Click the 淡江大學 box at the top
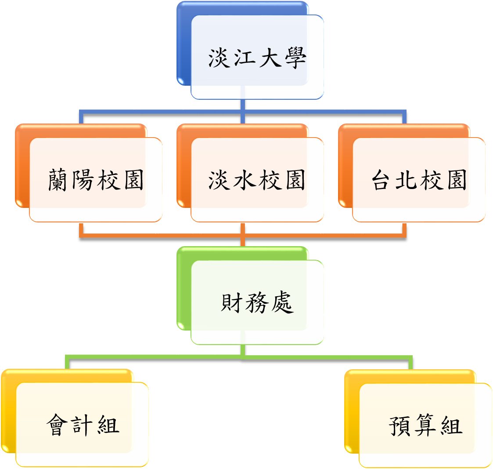click(x=250, y=51)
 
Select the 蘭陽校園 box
click(x=89, y=173)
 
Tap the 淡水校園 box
click(x=250, y=173)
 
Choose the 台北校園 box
click(x=412, y=173)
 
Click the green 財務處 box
click(x=250, y=295)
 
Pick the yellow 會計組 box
click(x=75, y=418)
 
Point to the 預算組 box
click(x=418, y=419)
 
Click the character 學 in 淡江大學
click(x=295, y=58)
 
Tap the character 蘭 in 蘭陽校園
click(x=58, y=180)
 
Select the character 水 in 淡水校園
click(x=244, y=180)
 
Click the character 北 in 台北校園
click(x=406, y=180)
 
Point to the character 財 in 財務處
click(x=231, y=302)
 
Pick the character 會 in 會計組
click(x=57, y=425)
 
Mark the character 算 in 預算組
click(x=425, y=425)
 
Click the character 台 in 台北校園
click(x=381, y=180)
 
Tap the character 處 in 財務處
click(x=282, y=302)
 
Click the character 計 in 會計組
click(x=83, y=425)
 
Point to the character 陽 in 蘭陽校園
click(x=83, y=180)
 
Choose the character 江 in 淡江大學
click(x=244, y=58)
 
